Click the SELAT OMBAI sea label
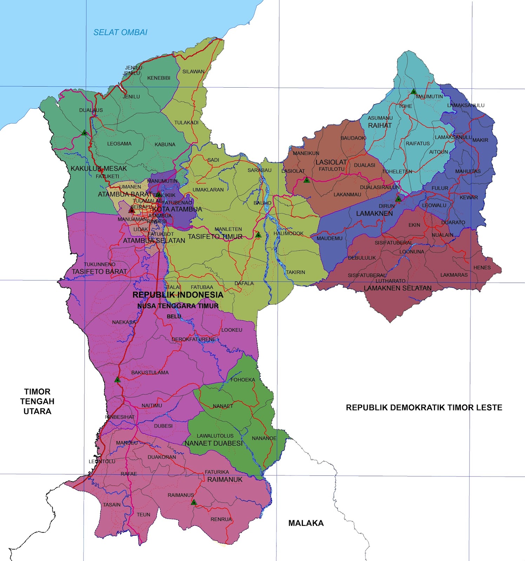(120, 32)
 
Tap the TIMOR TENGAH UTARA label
(37, 401)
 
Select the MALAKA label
(306, 523)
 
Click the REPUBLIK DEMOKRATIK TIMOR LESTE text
(424, 407)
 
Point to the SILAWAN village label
(193, 72)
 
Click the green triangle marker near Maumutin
(414, 92)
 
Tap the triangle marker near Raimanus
(194, 502)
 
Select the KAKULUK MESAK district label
(99, 168)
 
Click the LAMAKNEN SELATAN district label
(398, 288)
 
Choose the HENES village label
(482, 268)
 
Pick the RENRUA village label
(221, 519)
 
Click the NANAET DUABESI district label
(214, 443)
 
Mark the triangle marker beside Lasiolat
(307, 180)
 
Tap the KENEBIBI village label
(159, 78)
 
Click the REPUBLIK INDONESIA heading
(178, 295)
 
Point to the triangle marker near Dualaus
(84, 133)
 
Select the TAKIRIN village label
(295, 272)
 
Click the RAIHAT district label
(380, 125)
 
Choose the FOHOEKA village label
(242, 380)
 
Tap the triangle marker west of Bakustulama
(118, 380)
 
